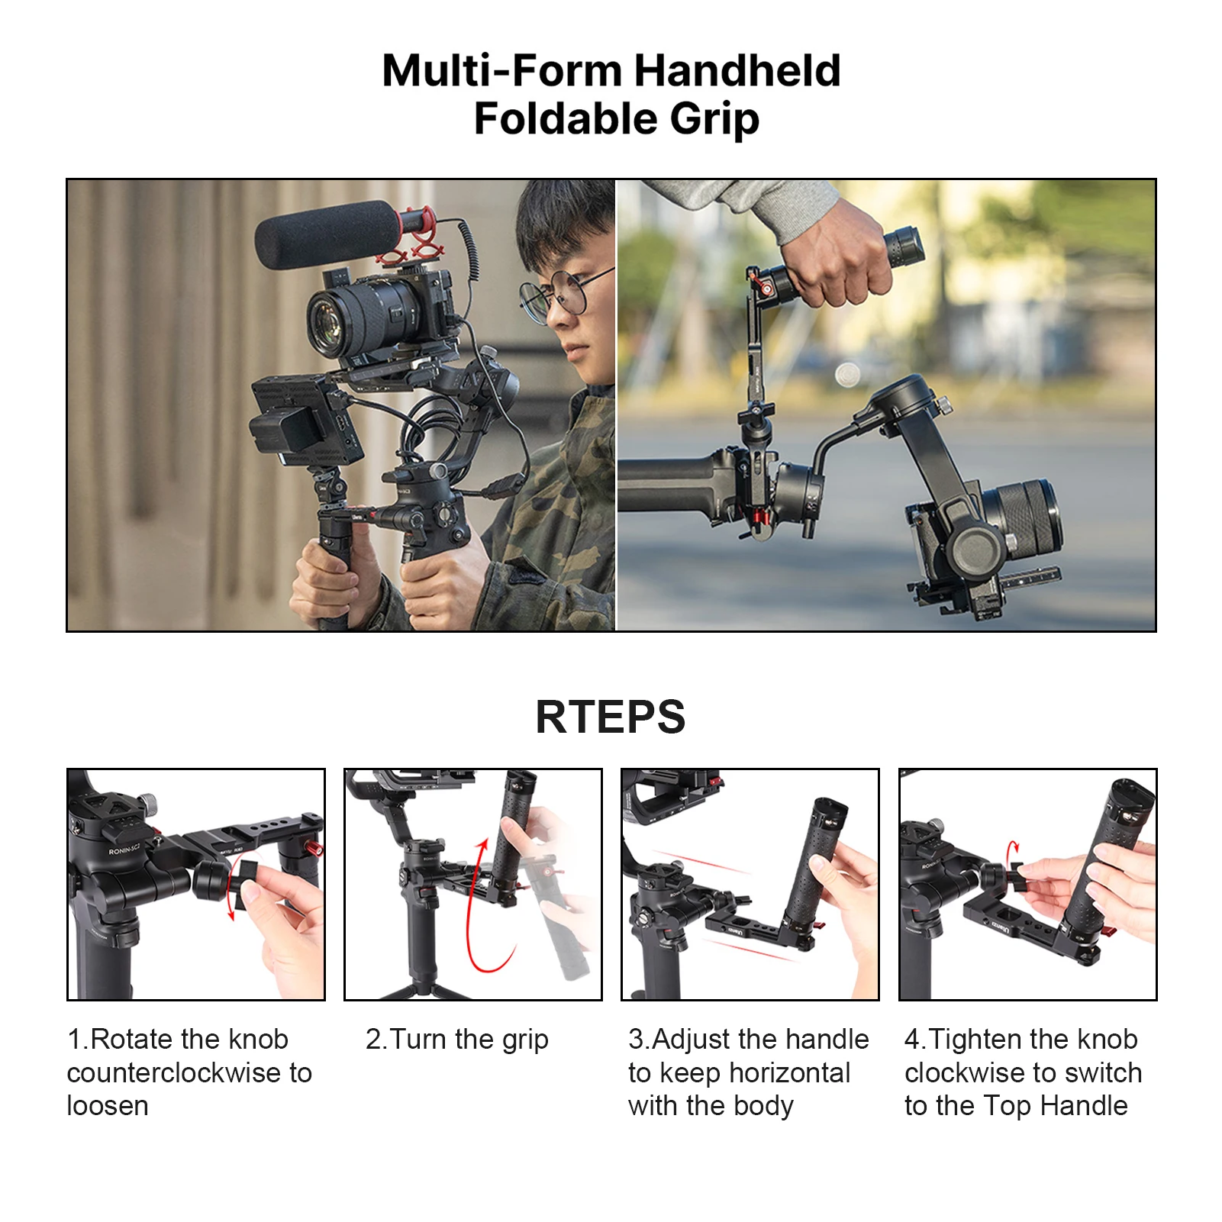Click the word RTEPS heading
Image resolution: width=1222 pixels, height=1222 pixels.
[610, 717]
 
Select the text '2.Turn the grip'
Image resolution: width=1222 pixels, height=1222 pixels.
[456, 1040]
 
